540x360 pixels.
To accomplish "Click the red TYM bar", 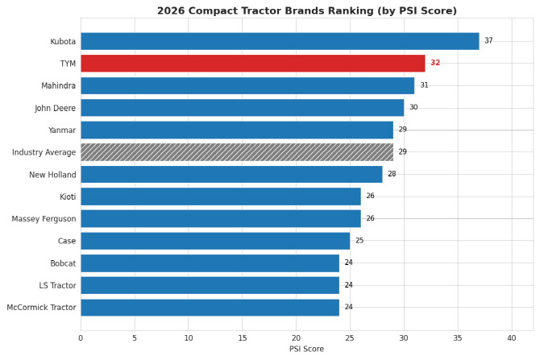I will (252, 63).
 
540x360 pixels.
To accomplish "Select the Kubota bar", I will (280, 41).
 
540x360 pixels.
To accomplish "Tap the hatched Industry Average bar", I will (237, 152).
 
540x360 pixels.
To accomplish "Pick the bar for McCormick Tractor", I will (210, 308).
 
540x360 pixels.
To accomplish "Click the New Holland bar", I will (231, 174).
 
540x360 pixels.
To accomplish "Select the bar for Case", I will (215, 241).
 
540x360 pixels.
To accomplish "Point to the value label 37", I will (488, 41).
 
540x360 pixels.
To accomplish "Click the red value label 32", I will (435, 63).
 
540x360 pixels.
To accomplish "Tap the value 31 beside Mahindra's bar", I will (424, 85).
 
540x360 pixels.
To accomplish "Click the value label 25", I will (359, 241).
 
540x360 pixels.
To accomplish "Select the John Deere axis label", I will (55, 108).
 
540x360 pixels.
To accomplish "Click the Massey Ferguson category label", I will (44, 219).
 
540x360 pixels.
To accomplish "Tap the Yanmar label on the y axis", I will (62, 130).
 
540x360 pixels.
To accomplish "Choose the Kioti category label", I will (68, 197).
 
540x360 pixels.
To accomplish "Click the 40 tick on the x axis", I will (511, 338).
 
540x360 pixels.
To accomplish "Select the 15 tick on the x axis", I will (242, 338).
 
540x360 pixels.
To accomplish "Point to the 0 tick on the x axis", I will (81, 338).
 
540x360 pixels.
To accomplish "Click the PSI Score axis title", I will (306, 350).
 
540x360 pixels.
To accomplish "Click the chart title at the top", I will (306, 11).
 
